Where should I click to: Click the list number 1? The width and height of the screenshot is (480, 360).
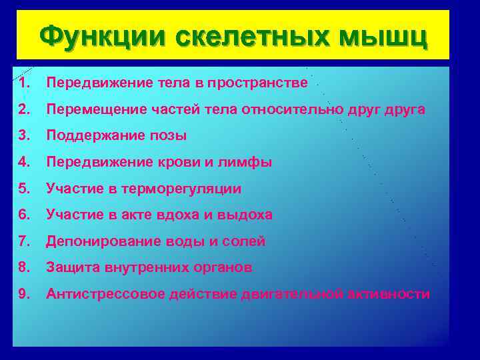pyautogui.click(x=25, y=83)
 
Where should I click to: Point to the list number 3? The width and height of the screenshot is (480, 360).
pyautogui.click(x=25, y=136)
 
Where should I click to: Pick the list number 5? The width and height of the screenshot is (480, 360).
pyautogui.click(x=25, y=189)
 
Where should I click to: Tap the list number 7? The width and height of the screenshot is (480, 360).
pyautogui.click(x=25, y=241)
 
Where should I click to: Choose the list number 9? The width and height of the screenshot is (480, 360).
pyautogui.click(x=25, y=294)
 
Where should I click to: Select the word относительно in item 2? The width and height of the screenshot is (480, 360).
pyautogui.click(x=299, y=110)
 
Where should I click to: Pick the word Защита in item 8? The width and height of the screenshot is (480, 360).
pyautogui.click(x=73, y=268)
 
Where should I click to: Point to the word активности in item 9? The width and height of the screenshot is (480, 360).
pyautogui.click(x=389, y=294)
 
